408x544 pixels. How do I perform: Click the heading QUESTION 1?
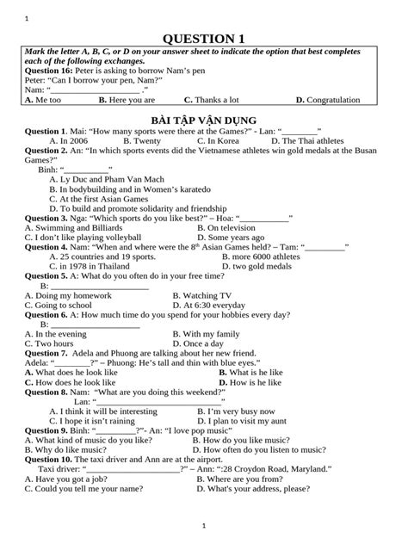tap(204, 39)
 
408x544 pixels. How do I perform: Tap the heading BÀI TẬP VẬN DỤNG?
tap(204, 118)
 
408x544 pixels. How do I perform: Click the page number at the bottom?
tap(204, 525)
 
